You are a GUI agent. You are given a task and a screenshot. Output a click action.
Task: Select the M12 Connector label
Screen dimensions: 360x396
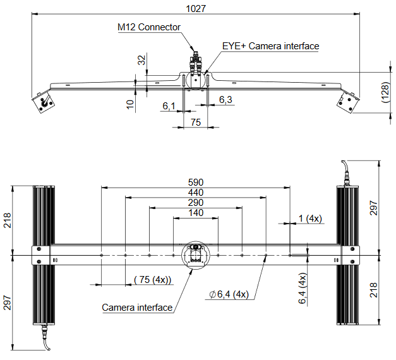(x=149, y=27)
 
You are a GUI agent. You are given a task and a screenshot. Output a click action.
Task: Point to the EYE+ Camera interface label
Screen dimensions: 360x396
(x=270, y=46)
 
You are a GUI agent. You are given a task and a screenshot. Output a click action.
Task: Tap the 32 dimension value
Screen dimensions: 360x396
(x=141, y=60)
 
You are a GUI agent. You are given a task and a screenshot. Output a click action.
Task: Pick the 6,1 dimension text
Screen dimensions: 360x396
(x=169, y=106)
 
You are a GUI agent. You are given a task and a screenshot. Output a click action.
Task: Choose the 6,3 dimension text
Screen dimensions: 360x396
(x=225, y=100)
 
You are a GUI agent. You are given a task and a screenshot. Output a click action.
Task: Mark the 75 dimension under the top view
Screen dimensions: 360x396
(x=196, y=122)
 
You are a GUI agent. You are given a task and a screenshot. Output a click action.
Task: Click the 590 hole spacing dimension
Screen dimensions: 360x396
(x=196, y=182)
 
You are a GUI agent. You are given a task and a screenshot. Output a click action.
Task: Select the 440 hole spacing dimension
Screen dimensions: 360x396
(x=196, y=193)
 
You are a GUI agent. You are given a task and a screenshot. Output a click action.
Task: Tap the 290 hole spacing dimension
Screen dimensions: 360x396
(x=196, y=203)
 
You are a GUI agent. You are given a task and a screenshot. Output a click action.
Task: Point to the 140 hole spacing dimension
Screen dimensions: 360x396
(x=196, y=213)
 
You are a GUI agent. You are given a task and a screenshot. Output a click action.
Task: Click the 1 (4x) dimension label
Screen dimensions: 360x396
(x=310, y=219)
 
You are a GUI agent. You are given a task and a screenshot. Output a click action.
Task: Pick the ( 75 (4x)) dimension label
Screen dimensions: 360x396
(x=153, y=280)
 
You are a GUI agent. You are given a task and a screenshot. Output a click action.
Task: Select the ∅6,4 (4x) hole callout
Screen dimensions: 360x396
(x=229, y=294)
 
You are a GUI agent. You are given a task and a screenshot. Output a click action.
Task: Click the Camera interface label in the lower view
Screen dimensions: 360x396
(x=137, y=308)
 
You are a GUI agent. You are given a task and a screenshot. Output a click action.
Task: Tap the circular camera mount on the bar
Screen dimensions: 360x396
(x=196, y=255)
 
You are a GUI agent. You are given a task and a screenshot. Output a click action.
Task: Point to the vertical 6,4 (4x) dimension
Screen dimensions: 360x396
(x=303, y=288)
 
